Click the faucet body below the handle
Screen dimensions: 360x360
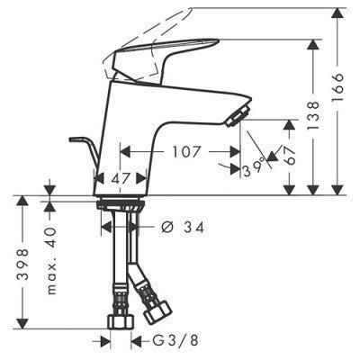tap(135, 126)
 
